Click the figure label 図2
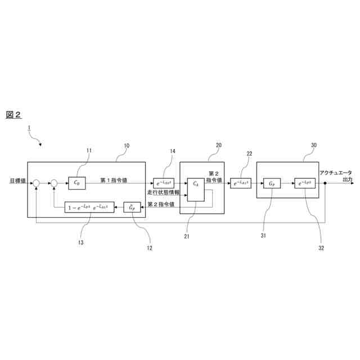(x=13, y=114)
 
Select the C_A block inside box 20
(x=196, y=190)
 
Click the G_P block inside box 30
(x=272, y=183)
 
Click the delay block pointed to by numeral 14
(x=164, y=183)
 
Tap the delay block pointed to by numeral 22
(x=240, y=183)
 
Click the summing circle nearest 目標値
(x=36, y=183)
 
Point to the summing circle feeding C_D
(x=54, y=183)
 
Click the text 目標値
(x=17, y=181)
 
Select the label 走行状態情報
(x=164, y=193)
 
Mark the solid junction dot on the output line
(x=325, y=183)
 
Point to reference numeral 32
(x=321, y=247)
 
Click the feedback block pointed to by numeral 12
(x=133, y=208)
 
